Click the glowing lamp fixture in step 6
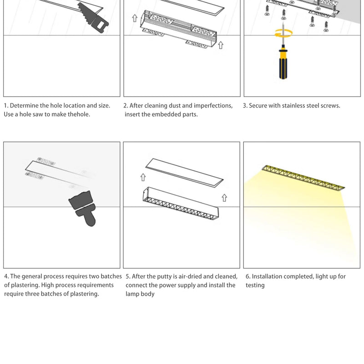pos(303,178)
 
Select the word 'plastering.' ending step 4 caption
pos(84,294)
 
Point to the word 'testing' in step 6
pos(255,285)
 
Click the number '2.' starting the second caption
pos(126,106)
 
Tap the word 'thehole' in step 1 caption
pos(79,114)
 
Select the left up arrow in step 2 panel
pos(135,18)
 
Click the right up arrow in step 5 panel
pos(224,198)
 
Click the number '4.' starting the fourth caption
pos(6,277)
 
